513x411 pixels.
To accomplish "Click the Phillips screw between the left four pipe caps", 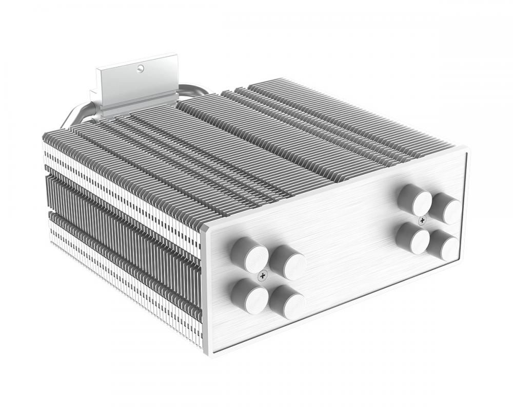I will click(x=263, y=276).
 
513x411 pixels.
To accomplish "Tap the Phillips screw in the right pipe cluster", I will click(x=422, y=220).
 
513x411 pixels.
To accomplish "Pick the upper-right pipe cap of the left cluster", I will click(x=288, y=263).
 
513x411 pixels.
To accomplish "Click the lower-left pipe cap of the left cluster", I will click(x=250, y=296).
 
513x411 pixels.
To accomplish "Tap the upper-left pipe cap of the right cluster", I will click(x=415, y=200).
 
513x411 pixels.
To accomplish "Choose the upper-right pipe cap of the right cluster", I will click(x=445, y=208).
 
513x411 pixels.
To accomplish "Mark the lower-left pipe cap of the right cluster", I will click(x=413, y=238).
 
